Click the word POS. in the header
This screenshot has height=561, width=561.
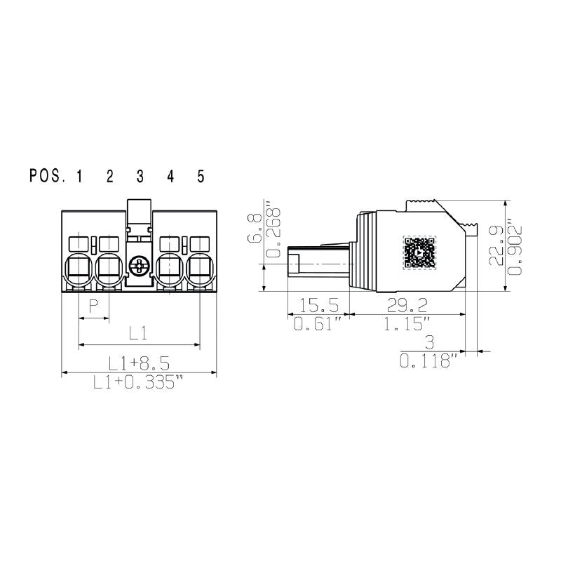pyautogui.click(x=47, y=176)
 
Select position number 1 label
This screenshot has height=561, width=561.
pyautogui.click(x=79, y=176)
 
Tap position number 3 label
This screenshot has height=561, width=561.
pyautogui.click(x=140, y=176)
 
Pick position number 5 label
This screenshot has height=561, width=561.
pyautogui.click(x=201, y=176)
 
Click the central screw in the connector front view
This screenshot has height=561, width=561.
pyautogui.click(x=140, y=266)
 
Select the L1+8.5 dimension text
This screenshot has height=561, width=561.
pyautogui.click(x=138, y=363)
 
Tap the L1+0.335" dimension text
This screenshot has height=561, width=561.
pyautogui.click(x=139, y=382)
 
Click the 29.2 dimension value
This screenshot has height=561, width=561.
pyautogui.click(x=407, y=305)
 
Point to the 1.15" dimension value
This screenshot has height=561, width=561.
pyautogui.click(x=407, y=324)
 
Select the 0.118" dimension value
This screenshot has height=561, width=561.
pyautogui.click(x=428, y=362)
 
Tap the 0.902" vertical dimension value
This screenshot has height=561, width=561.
pyautogui.click(x=518, y=245)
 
